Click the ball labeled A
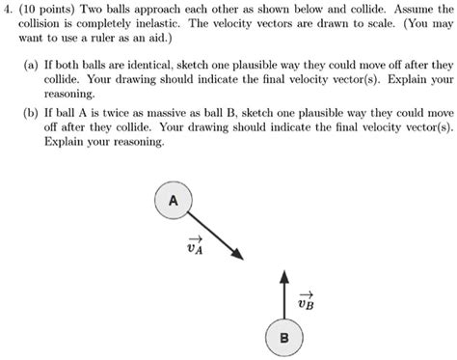[173, 202]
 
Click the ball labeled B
[283, 338]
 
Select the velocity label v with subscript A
[196, 248]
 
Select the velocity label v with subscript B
[307, 301]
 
